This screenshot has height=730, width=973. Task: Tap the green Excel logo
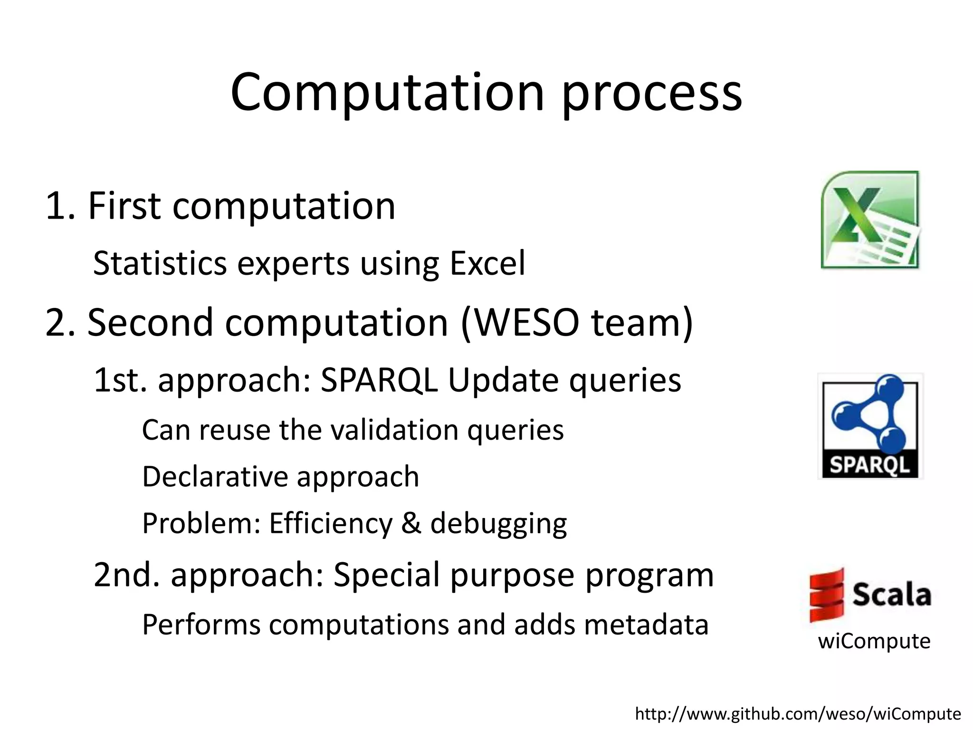[870, 220]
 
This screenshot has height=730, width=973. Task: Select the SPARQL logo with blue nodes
[870, 426]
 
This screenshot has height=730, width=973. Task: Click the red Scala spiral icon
[827, 595]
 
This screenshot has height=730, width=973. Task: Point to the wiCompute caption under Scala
[874, 641]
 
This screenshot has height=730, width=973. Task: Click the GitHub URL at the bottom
[798, 714]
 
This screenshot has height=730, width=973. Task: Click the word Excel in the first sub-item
[487, 263]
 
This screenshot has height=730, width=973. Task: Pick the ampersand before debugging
[411, 523]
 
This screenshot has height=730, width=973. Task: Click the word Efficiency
[330, 524]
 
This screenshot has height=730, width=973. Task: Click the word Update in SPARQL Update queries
[503, 381]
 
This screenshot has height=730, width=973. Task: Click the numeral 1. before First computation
[60, 206]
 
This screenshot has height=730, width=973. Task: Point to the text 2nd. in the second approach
[126, 575]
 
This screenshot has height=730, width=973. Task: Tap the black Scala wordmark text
[891, 595]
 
